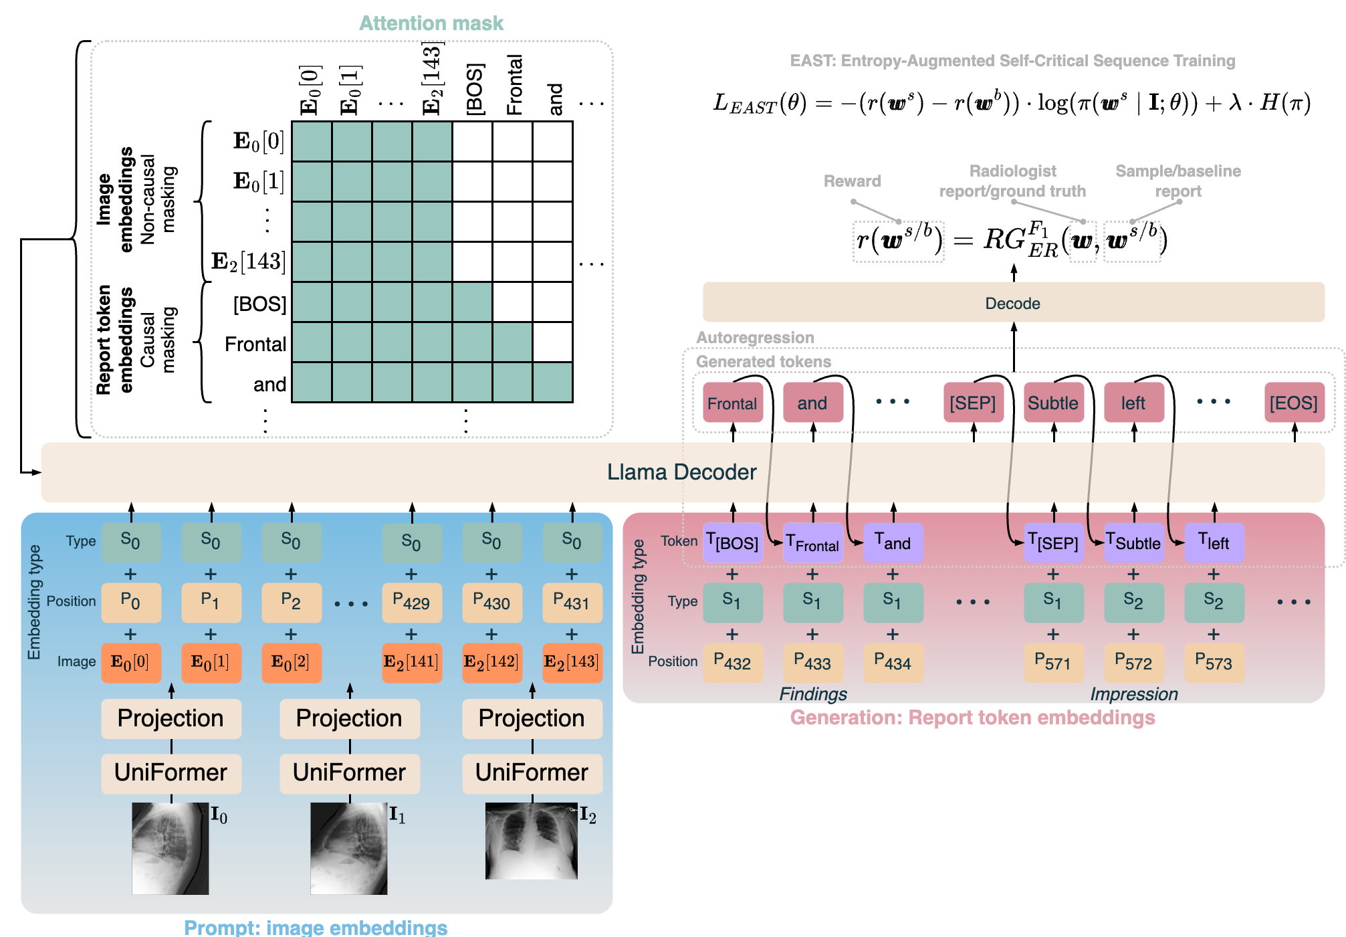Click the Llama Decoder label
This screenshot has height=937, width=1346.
click(x=681, y=472)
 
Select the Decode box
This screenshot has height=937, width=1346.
click(x=1012, y=303)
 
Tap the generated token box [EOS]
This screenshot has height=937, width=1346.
click(x=1294, y=403)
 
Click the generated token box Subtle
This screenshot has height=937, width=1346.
click(x=1053, y=403)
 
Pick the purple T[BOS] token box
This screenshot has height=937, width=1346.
click(x=733, y=542)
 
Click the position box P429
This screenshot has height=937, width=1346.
click(x=411, y=603)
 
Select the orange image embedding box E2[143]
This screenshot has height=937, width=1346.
click(x=572, y=662)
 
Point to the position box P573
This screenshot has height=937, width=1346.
click(x=1214, y=663)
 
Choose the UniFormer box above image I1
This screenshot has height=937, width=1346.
click(x=349, y=773)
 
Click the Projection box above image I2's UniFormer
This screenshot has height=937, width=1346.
click(x=532, y=718)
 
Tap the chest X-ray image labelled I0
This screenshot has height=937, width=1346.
click(x=171, y=848)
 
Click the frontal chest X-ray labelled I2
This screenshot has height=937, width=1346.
click(x=532, y=841)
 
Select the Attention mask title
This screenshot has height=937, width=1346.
click(x=431, y=23)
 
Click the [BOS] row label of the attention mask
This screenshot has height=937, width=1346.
click(x=259, y=304)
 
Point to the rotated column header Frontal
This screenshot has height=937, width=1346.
click(x=514, y=85)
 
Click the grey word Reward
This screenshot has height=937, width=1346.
click(x=852, y=181)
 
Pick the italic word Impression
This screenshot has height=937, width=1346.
click(x=1134, y=694)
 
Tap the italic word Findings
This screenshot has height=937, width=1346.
click(x=813, y=694)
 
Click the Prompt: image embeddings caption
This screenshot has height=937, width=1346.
click(x=316, y=928)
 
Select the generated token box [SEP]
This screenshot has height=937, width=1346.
click(x=973, y=403)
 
